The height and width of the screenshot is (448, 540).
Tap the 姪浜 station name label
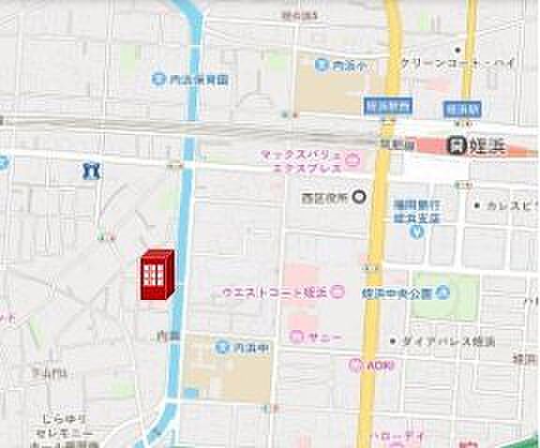point(495,144)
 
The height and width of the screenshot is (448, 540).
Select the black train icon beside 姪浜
point(457,144)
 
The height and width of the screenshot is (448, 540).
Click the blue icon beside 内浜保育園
point(158,80)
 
